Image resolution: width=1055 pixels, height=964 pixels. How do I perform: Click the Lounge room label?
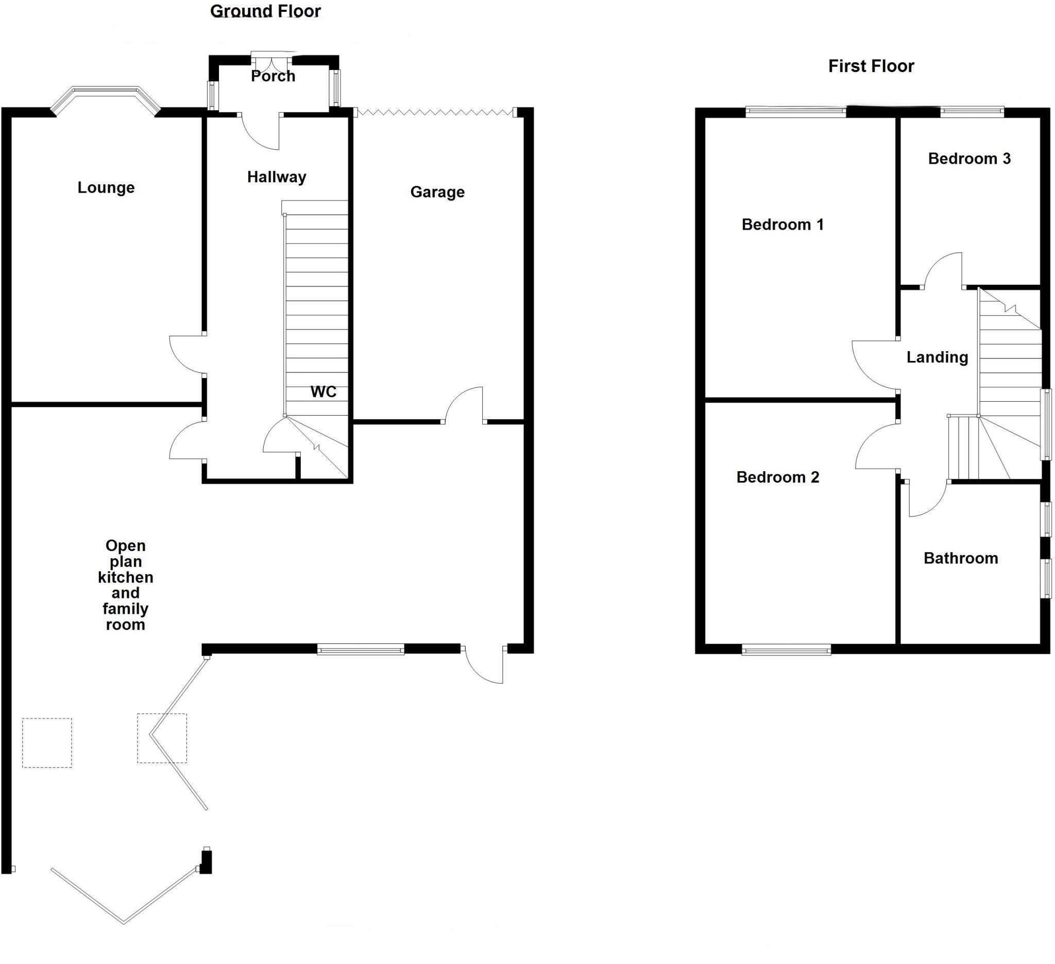pos(106,187)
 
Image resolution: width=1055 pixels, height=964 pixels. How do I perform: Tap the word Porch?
pos(273,76)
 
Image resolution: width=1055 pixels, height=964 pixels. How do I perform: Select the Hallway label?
pos(276,177)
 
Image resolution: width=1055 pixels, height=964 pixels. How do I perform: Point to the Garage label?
pos(437,192)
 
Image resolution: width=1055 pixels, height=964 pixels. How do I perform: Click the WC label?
pos(323,391)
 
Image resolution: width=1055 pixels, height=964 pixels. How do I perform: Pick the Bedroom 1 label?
pos(782,225)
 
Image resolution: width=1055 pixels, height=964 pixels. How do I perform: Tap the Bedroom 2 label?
pos(777,477)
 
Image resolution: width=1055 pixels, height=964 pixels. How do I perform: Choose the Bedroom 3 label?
pos(969,159)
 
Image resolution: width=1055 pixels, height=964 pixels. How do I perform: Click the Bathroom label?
pos(960,558)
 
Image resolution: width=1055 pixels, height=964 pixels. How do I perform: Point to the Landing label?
pos(937,357)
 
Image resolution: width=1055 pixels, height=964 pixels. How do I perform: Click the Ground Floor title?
pos(265,11)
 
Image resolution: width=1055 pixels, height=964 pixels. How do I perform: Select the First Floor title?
pos(871,66)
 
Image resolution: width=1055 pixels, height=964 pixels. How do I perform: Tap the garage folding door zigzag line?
pos(434,112)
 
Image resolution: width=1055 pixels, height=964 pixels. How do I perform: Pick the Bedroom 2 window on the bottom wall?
pos(786,650)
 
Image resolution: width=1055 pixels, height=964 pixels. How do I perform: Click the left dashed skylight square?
pos(47,743)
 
